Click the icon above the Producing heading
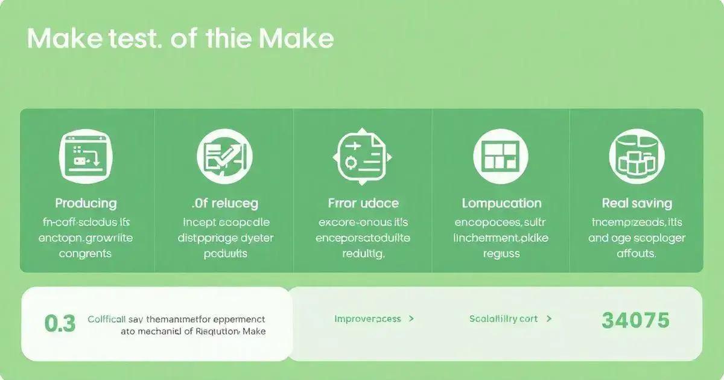86,156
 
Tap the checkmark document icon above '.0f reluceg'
224,156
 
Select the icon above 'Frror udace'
363,156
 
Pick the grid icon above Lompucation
501,156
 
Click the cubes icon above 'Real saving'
637,156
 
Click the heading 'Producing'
86,203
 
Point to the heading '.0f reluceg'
224,203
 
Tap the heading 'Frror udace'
363,203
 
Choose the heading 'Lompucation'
501,203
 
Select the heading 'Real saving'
637,203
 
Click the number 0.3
60,323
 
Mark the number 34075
635,320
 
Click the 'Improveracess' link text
367,318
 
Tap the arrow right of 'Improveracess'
411,318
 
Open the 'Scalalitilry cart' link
503,318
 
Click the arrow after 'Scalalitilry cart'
549,318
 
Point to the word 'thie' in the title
229,39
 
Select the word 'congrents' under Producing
85,254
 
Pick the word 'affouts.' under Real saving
636,254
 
